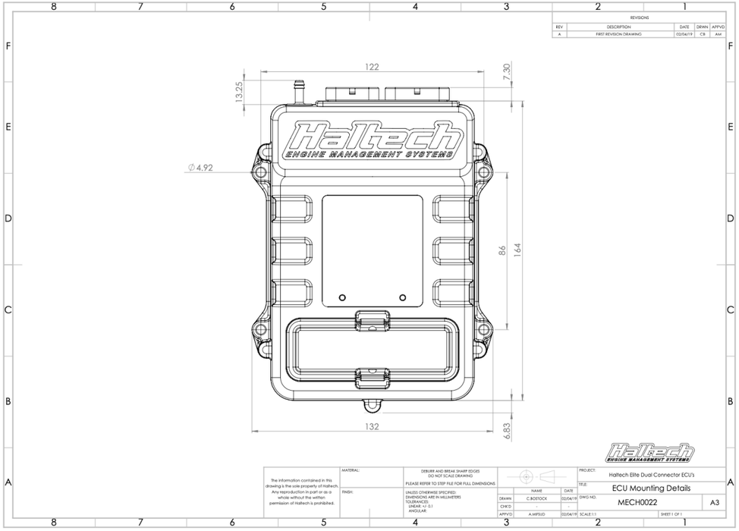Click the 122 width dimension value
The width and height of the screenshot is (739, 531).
(x=371, y=67)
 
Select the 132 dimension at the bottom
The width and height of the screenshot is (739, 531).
(x=371, y=427)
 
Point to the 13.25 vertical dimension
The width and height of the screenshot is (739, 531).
(x=239, y=91)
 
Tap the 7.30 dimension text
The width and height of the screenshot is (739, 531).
(x=507, y=73)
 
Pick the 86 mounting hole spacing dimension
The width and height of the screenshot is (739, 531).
(x=502, y=251)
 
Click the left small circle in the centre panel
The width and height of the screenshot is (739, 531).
(x=342, y=297)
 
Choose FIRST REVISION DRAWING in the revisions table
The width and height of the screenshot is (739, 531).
(x=619, y=34)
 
